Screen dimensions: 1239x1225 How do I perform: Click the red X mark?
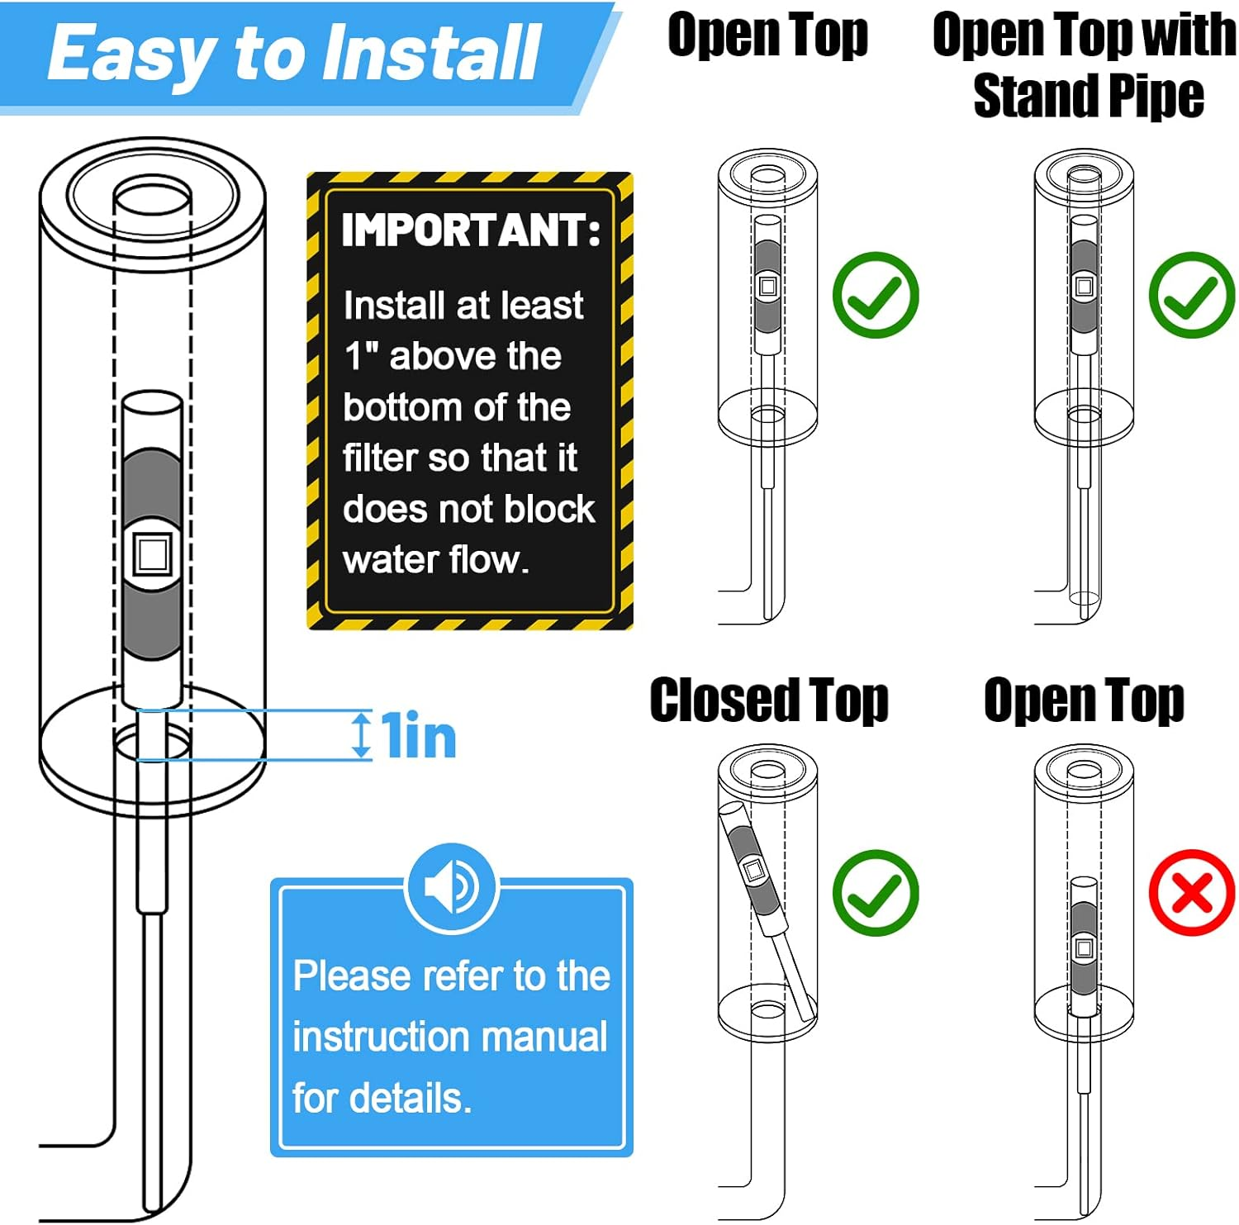pos(1191,893)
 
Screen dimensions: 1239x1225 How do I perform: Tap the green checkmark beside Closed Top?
pos(876,893)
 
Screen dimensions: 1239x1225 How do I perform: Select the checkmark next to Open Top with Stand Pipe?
pos(1191,295)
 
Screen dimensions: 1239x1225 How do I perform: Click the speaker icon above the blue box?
pos(452,887)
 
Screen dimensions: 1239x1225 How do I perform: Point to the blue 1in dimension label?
pos(419,736)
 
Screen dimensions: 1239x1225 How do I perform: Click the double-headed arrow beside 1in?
pos(361,735)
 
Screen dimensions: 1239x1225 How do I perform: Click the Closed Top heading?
pos(769,700)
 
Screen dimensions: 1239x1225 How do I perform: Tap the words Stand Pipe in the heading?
pos(1089,97)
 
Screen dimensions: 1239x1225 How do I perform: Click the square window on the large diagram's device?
pos(152,553)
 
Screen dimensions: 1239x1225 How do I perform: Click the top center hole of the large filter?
pos(152,199)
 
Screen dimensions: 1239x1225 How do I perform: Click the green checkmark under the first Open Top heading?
pos(876,295)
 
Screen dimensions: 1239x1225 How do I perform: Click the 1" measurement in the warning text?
pos(361,356)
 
